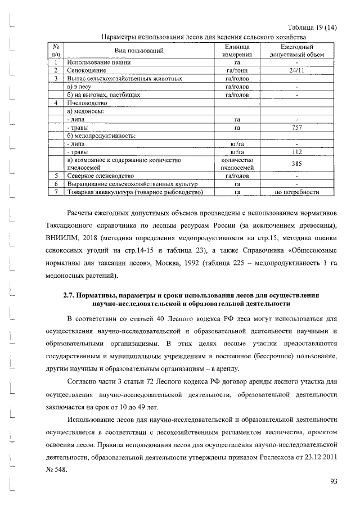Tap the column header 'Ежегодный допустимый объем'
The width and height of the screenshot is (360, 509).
296,51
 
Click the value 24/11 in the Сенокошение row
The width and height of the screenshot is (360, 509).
296,70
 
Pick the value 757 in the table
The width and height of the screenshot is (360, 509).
296,128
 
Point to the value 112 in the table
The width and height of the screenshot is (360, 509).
296,152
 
